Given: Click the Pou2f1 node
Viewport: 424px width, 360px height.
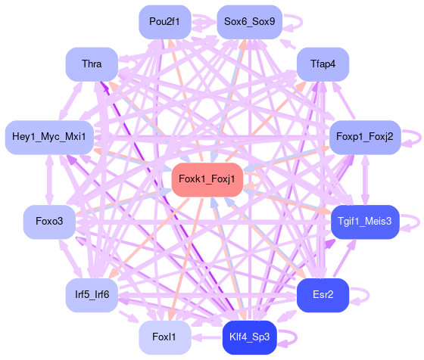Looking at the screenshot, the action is [x=165, y=22].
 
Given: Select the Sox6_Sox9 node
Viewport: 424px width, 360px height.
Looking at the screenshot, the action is [x=250, y=22].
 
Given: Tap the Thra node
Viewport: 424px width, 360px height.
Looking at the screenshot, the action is [x=92, y=64].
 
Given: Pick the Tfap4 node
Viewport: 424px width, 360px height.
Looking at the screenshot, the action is [x=323, y=64].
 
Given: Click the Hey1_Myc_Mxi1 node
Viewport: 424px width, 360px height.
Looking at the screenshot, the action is [x=49, y=138].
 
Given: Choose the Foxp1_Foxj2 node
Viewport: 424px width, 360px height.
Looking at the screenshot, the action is [x=365, y=138].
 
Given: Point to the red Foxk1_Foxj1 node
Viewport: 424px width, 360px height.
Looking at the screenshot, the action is [x=207, y=179].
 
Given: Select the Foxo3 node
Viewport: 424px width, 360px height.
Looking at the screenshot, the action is [x=49, y=222].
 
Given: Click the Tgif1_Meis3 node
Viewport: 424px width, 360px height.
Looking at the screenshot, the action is [x=365, y=222].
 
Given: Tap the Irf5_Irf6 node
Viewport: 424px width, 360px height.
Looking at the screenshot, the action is [x=92, y=295].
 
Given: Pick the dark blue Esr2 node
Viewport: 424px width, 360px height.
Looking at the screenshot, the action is [x=323, y=295].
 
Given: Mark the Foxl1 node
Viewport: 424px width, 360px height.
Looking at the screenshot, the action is [x=165, y=337].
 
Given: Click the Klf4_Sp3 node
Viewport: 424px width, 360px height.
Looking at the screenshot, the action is [x=250, y=337].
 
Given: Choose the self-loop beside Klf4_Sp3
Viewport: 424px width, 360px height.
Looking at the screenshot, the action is [x=296, y=337].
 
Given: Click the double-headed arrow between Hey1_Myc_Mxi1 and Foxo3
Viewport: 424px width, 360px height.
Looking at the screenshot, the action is [x=49, y=180].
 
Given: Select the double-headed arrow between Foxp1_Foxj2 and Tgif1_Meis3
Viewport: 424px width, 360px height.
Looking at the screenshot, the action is [x=365, y=180].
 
